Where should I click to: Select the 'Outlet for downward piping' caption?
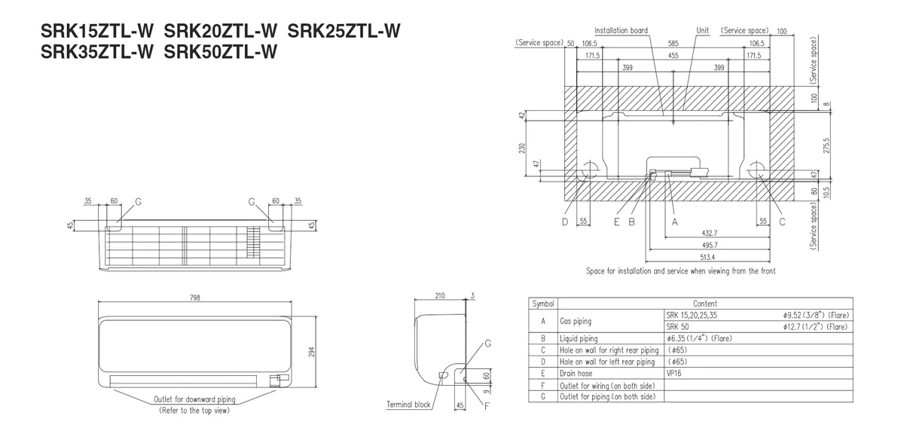(x=195, y=399)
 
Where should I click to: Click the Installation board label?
(x=621, y=31)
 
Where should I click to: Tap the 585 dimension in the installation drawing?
(x=673, y=43)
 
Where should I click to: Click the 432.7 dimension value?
(x=709, y=233)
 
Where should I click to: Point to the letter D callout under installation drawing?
(x=565, y=222)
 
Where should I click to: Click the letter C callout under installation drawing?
(x=782, y=222)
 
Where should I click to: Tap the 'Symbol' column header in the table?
(x=542, y=303)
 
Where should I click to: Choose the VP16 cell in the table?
(x=673, y=373)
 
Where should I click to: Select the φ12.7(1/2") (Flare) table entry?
(x=815, y=326)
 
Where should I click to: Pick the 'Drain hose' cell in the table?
(x=576, y=373)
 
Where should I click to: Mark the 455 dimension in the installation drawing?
(x=673, y=55)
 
